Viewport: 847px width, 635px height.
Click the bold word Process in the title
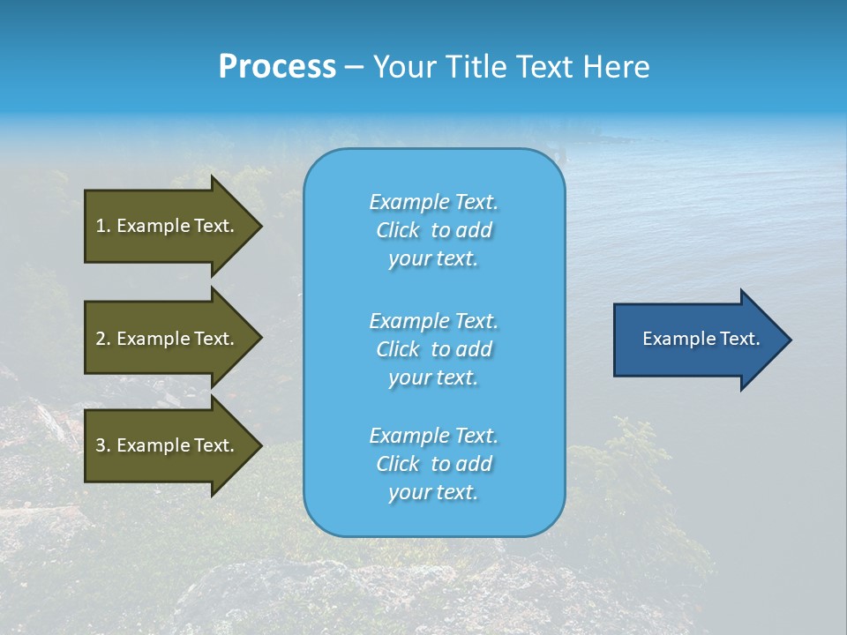click(x=277, y=67)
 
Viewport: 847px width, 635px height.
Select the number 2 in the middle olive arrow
click(x=101, y=339)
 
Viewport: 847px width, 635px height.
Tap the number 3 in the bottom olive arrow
click(x=101, y=445)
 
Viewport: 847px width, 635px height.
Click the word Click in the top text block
click(x=398, y=230)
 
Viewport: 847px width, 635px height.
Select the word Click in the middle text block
click(x=398, y=349)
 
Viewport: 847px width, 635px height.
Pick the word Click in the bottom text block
click(x=398, y=464)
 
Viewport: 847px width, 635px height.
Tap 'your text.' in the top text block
click(x=433, y=259)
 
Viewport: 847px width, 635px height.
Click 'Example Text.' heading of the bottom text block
click(x=433, y=436)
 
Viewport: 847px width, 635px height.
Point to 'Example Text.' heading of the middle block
click(x=433, y=320)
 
